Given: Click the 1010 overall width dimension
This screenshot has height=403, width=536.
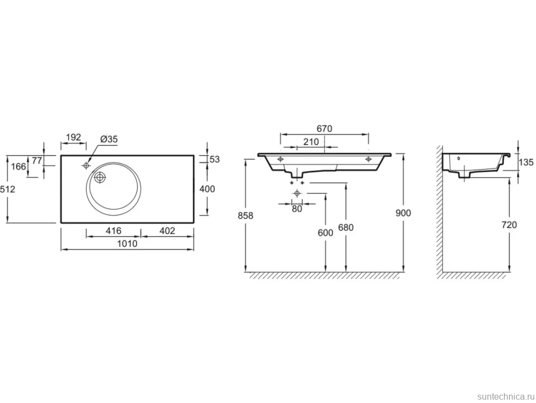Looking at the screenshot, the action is [127, 244].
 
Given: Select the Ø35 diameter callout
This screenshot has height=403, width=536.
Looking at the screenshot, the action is [109, 139].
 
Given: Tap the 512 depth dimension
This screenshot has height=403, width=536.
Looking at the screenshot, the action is [8, 189].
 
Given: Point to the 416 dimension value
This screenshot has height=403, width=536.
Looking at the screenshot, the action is [113, 231].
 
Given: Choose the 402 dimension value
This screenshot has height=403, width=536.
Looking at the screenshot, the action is [167, 231].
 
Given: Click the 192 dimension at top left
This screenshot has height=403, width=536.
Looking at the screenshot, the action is [73, 137].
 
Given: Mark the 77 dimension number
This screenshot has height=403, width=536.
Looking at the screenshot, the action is [36, 160].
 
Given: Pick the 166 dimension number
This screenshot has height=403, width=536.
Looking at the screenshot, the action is [18, 167].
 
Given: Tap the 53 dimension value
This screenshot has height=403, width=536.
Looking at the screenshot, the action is [214, 159].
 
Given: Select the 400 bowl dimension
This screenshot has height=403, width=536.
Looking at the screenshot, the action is [207, 189].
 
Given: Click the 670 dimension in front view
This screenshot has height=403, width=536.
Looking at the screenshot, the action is [324, 129].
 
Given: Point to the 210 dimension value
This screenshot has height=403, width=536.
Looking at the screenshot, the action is [311, 142].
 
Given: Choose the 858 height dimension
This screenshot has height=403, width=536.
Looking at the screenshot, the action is [245, 216].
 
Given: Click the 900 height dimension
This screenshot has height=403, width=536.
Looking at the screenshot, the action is [403, 213].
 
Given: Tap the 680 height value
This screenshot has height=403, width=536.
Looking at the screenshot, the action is [345, 228].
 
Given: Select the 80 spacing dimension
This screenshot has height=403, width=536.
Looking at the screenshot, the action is [297, 209].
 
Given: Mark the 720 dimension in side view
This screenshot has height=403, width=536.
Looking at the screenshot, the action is [509, 225].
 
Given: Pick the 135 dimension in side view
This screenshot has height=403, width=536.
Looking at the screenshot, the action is [526, 162].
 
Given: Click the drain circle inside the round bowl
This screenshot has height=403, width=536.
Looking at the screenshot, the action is [100, 177].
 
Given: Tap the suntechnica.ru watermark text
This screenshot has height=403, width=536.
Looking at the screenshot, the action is [506, 396].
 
